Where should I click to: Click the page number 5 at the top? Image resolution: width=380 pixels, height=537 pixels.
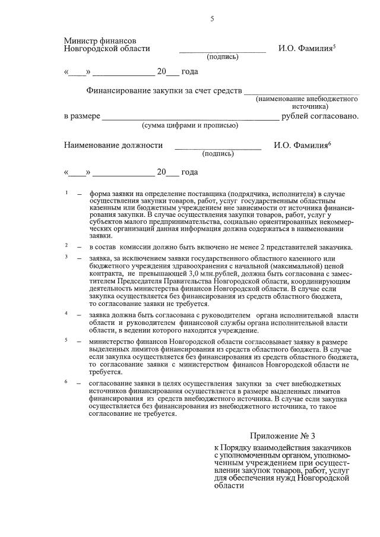point(212,19)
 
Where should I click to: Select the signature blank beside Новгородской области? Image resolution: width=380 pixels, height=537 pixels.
point(223,51)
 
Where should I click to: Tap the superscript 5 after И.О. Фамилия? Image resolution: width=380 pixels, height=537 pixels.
point(335,46)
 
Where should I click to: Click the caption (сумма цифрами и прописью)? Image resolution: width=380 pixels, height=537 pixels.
point(189,125)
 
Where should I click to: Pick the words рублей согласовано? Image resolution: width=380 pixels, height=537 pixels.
point(321,116)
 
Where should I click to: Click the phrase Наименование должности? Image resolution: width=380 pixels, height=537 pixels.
point(113,145)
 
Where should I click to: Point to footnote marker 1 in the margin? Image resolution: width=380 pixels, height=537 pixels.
point(67,192)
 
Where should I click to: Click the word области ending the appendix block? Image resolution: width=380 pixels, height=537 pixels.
point(229,485)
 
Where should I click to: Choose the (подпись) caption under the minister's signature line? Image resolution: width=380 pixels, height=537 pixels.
point(223,57)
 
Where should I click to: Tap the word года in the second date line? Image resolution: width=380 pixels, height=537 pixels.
point(189,172)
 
